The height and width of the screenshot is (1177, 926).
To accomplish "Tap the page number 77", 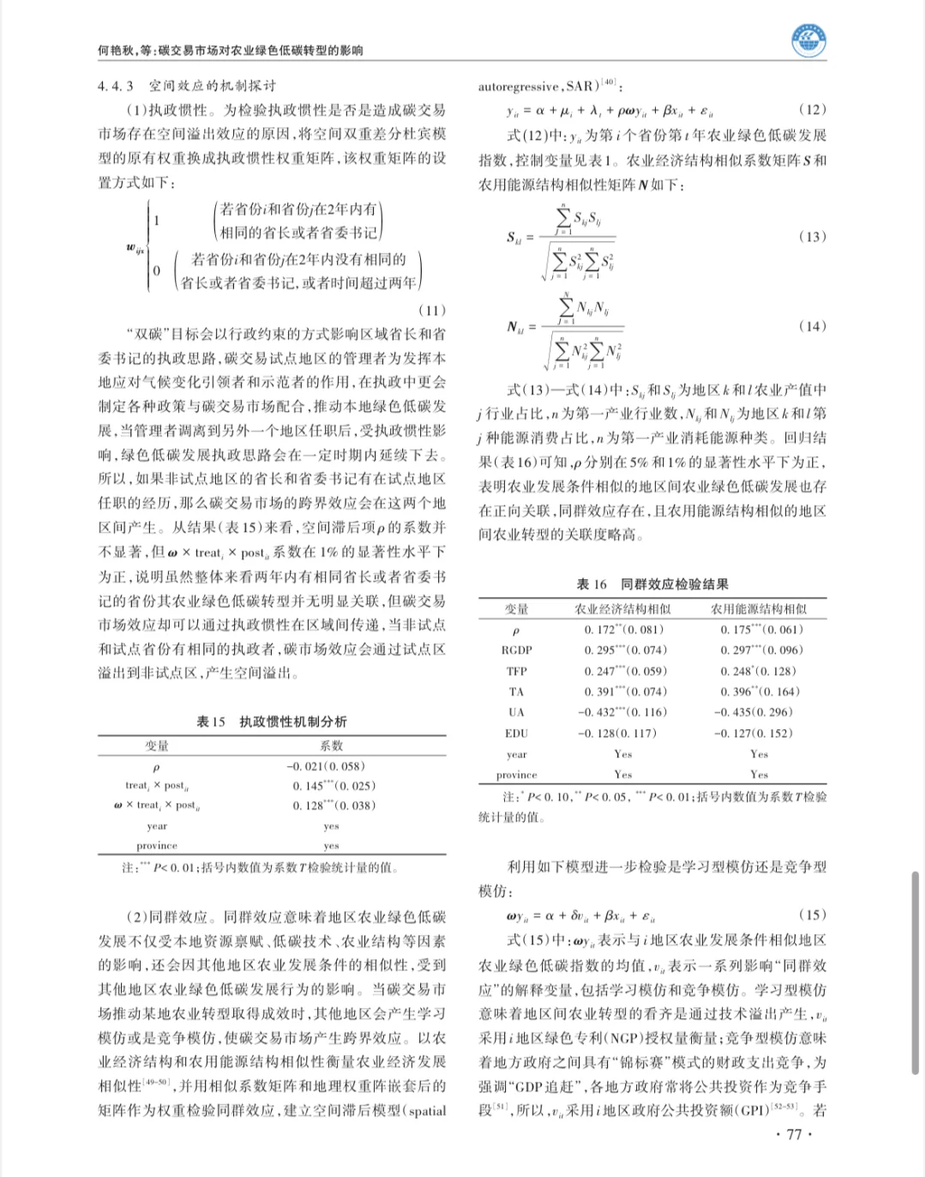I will click(x=793, y=1134).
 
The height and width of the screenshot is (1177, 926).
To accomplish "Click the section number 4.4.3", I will click(x=116, y=86).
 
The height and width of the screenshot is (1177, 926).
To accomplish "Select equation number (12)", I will click(x=812, y=110).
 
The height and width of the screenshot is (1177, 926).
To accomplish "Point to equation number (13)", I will click(x=812, y=237).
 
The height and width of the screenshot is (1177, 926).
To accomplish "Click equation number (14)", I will click(x=812, y=326).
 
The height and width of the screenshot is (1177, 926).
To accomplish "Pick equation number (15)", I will click(x=812, y=915).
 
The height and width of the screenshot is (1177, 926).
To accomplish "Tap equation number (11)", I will click(x=431, y=311).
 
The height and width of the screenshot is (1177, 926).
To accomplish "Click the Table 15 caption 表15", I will click(x=211, y=721).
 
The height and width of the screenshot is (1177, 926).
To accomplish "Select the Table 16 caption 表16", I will click(x=592, y=584).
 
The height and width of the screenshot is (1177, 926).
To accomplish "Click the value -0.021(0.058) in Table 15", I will click(x=325, y=766).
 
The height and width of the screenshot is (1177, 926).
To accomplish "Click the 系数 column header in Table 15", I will click(x=331, y=746).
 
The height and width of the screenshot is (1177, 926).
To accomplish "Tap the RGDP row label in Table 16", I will click(x=517, y=650).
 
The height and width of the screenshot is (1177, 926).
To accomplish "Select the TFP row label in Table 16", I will click(x=517, y=671).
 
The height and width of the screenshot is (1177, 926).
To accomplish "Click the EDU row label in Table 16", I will click(x=517, y=733).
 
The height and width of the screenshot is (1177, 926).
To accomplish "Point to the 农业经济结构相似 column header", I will click(x=622, y=609).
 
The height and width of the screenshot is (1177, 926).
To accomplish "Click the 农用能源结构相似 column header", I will click(x=759, y=609).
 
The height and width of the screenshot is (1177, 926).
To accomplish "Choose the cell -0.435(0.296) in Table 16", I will click(x=754, y=712).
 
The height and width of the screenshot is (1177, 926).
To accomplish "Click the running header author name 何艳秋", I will click(x=116, y=51).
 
